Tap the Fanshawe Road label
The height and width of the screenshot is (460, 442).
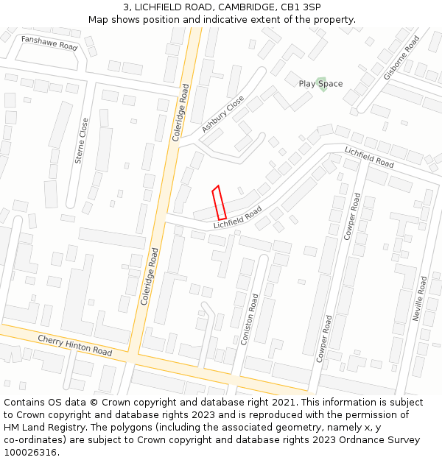pyautogui.click(x=49, y=43)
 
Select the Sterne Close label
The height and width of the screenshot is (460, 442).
pyautogui.click(x=81, y=140)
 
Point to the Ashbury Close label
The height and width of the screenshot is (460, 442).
pyautogui.click(x=222, y=114)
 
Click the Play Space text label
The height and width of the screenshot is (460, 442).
pyautogui.click(x=320, y=84)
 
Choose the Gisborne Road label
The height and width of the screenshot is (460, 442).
pyautogui.click(x=401, y=57)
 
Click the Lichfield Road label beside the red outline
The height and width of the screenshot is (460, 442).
pyautogui.click(x=237, y=217)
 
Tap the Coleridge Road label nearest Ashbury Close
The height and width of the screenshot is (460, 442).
pyautogui.click(x=181, y=113)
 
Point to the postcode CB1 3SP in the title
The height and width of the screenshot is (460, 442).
pyautogui.click(x=301, y=7)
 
